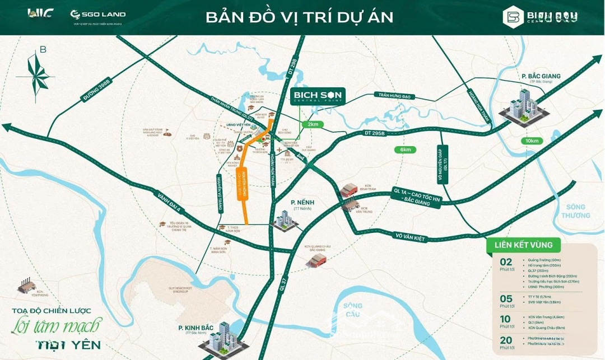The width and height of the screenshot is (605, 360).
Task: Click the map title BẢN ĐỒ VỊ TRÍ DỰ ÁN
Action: tap(299, 17)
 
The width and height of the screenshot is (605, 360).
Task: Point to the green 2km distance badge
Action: tap(312, 124)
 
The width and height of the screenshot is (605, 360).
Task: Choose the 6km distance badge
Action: tap(405, 149)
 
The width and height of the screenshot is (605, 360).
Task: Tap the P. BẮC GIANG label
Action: tap(541, 77)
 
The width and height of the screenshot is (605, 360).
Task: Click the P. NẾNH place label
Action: tap(301, 203)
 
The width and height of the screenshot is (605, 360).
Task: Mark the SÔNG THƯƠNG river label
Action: tap(575, 211)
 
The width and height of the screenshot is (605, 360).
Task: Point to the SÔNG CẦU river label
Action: tap(353, 310)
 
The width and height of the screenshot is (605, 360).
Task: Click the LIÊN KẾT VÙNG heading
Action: tap(523, 245)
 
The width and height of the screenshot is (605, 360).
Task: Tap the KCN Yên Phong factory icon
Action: tap(27, 287)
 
